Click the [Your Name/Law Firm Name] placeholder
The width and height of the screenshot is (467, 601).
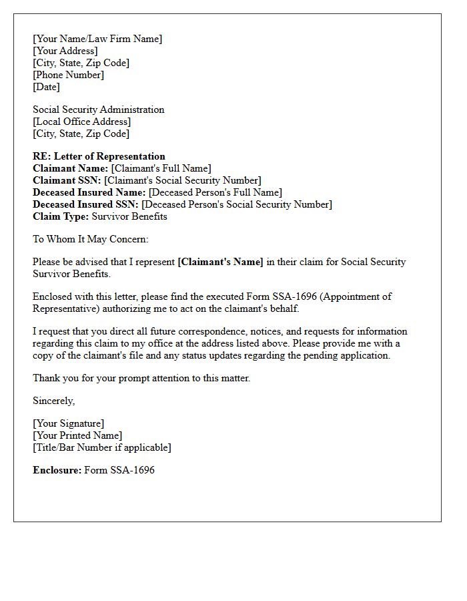(97, 39)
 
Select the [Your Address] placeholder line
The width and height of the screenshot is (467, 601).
(65, 51)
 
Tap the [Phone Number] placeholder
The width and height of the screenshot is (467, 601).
(69, 75)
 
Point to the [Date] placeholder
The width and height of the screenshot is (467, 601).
(47, 87)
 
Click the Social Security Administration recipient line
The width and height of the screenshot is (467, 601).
(99, 110)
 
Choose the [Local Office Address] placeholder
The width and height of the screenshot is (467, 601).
(82, 122)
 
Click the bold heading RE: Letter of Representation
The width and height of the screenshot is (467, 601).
(99, 156)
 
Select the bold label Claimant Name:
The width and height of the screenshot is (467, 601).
(70, 168)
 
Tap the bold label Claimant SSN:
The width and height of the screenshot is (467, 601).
(67, 180)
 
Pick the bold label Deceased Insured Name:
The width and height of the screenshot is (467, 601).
(89, 192)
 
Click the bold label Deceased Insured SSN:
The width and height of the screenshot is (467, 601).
(85, 204)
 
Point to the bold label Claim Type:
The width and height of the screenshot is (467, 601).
(61, 216)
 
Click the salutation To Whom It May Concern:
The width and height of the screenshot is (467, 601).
(91, 239)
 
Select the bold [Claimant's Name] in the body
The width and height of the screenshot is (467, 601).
(221, 262)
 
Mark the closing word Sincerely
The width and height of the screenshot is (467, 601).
(53, 401)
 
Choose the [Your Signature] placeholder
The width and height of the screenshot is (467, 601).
(69, 423)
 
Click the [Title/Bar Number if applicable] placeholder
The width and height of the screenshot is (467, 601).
(102, 447)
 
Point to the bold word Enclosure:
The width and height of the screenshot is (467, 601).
(57, 470)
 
